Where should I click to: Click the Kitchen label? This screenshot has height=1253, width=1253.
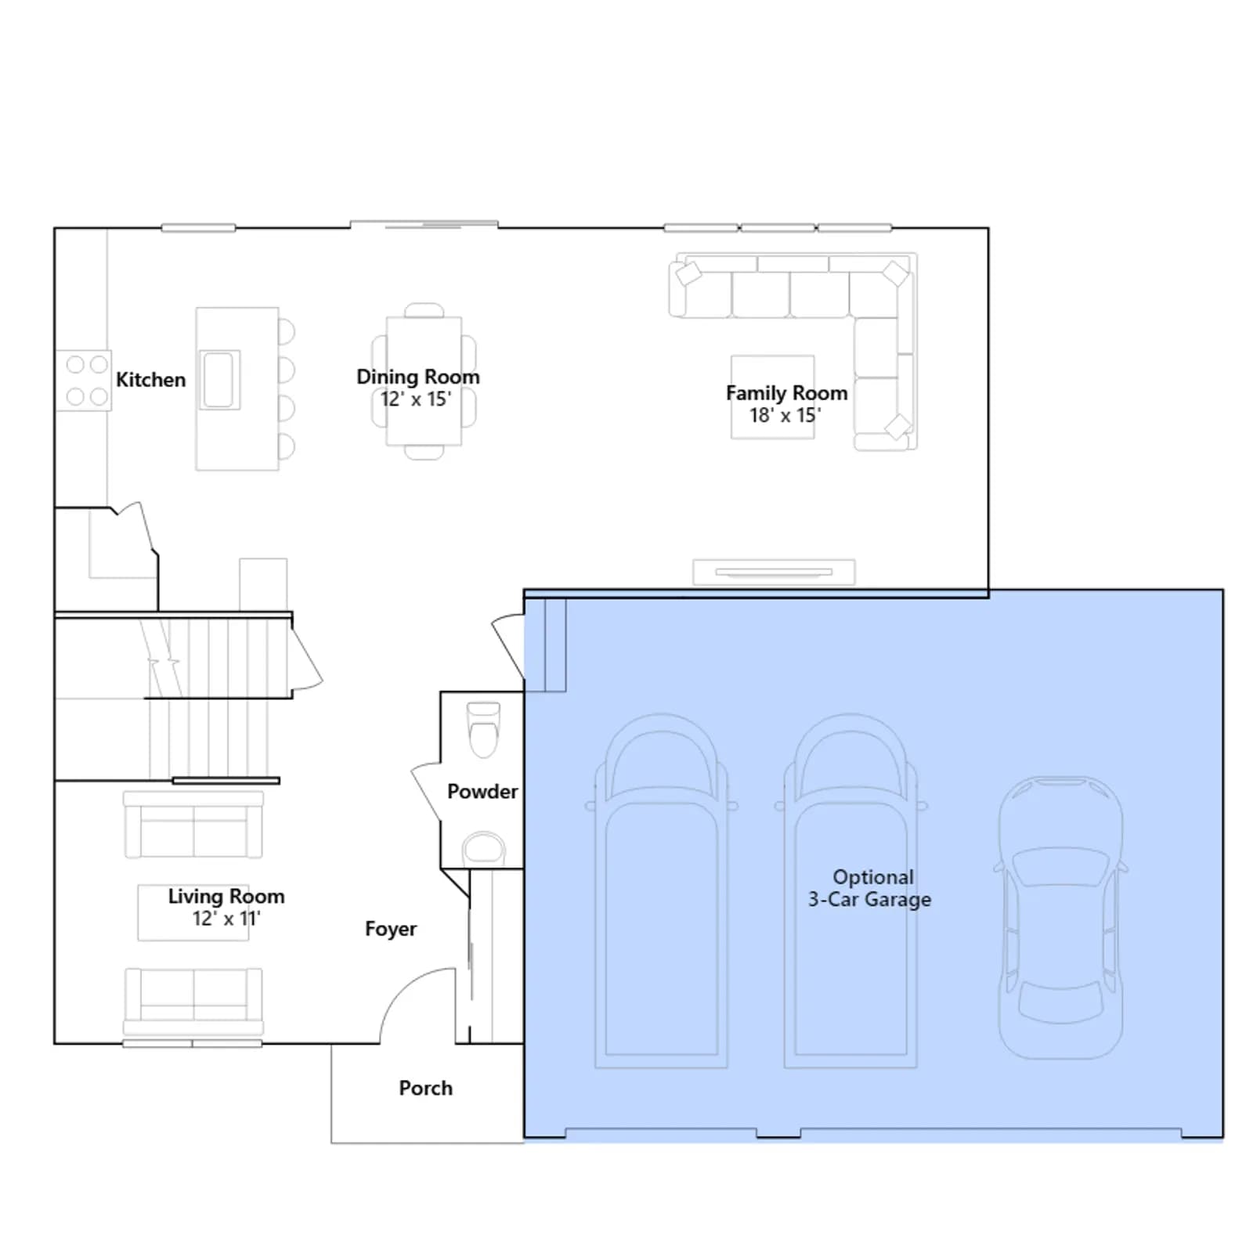tap(151, 380)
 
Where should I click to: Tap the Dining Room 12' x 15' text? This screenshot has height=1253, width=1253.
tap(417, 388)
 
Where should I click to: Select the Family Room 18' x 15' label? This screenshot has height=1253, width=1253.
tap(786, 403)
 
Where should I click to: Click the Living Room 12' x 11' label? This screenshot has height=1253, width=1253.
tap(226, 907)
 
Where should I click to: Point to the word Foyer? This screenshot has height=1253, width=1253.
tap(391, 929)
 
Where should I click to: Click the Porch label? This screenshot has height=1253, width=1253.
tap(426, 1088)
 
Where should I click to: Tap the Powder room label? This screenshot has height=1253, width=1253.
tap(482, 792)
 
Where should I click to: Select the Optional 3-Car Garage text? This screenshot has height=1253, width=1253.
tap(870, 888)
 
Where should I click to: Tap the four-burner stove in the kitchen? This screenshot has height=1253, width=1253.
tap(84, 381)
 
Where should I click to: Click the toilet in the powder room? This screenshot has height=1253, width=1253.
tap(482, 729)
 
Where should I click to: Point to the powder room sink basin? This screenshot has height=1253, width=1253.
tap(484, 847)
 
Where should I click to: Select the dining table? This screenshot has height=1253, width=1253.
tap(424, 381)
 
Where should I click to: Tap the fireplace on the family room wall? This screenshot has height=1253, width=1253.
tap(774, 572)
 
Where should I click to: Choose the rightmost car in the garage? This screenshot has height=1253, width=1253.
tap(1061, 917)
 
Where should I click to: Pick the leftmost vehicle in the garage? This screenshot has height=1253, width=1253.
tap(662, 890)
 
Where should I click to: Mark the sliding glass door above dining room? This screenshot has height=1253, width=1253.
tap(424, 226)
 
